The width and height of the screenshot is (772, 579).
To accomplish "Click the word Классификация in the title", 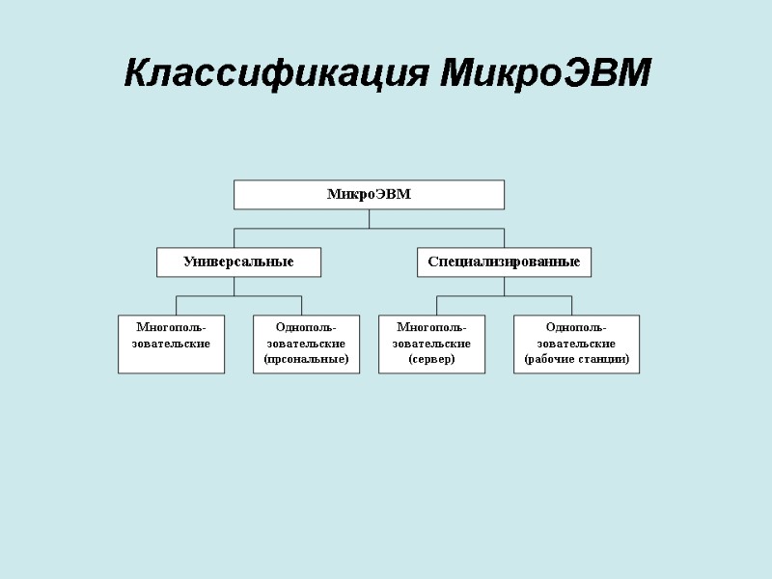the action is point(276,73).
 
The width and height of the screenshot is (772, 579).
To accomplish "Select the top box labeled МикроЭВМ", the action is point(369,194).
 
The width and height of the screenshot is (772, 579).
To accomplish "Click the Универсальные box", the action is point(238,262).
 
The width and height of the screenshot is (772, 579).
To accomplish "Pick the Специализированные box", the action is point(504,262).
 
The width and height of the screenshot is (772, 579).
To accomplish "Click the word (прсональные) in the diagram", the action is point(306,359).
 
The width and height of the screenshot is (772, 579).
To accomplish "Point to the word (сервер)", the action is point(431,359).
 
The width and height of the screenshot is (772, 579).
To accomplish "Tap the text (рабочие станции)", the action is point(576,359).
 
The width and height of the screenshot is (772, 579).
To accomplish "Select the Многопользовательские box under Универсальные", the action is point(171,345).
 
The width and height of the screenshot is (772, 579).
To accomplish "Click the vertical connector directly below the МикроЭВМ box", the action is point(369,218).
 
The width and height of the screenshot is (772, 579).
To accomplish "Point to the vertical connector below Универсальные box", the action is point(238,286).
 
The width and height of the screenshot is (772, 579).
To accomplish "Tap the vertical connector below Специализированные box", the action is point(504,286).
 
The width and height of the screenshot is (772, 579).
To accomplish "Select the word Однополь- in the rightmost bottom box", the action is point(576,327).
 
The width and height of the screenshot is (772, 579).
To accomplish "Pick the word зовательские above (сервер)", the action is point(431,344).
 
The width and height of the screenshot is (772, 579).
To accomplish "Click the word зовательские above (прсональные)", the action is point(306,344).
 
